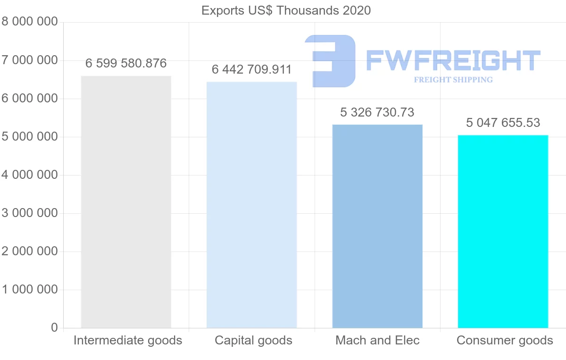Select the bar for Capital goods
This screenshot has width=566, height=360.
pos(252,205)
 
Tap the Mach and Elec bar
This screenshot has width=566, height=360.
pos(377,226)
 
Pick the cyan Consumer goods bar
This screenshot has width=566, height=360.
pos(503,231)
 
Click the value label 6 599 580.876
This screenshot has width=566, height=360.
pos(126,64)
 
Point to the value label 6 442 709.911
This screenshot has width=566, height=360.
pos(252,70)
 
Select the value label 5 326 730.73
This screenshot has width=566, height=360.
pos(377,112)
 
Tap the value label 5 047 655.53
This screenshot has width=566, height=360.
pos(503,123)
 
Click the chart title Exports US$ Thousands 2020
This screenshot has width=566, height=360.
pos(286,10)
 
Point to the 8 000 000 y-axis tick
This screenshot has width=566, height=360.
pos(30,22)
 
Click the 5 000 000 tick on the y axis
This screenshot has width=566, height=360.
pos(30,137)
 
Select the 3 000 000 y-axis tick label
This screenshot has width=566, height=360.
pos(30,213)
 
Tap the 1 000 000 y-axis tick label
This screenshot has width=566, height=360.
pos(30,290)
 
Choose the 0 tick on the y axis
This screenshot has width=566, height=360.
pos(54,328)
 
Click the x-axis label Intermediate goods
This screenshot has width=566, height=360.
pos(128,341)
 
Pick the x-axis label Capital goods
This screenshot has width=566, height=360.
pos(253,341)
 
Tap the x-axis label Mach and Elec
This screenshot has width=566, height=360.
pos(377,341)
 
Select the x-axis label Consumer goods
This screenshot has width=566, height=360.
pos(505,341)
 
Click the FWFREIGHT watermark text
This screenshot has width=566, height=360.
pos(453,60)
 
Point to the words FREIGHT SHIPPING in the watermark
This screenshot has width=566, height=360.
pos(453,80)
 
